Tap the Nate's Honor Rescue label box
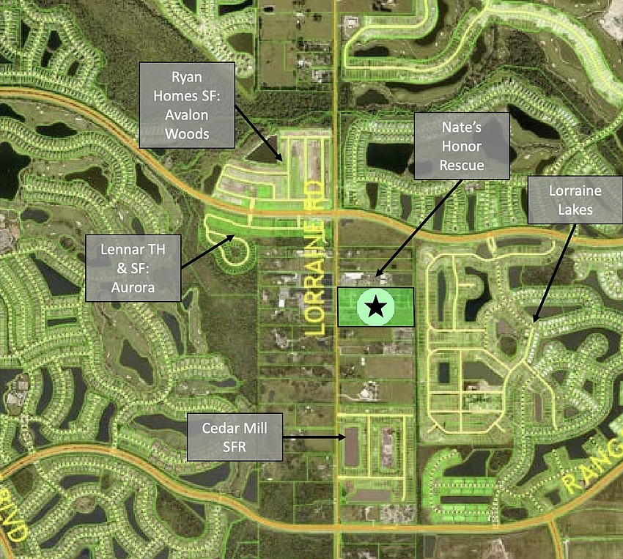[x=461, y=145]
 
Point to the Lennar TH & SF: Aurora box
[x=132, y=267]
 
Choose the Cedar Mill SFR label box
[x=235, y=437]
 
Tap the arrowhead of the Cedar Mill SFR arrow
[x=345, y=438]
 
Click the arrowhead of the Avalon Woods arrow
[x=281, y=160]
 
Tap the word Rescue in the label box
[x=461, y=165]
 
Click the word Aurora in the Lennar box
[x=132, y=287]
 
